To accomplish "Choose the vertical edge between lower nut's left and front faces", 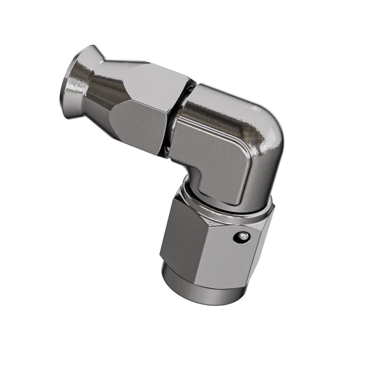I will tap(197, 241).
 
